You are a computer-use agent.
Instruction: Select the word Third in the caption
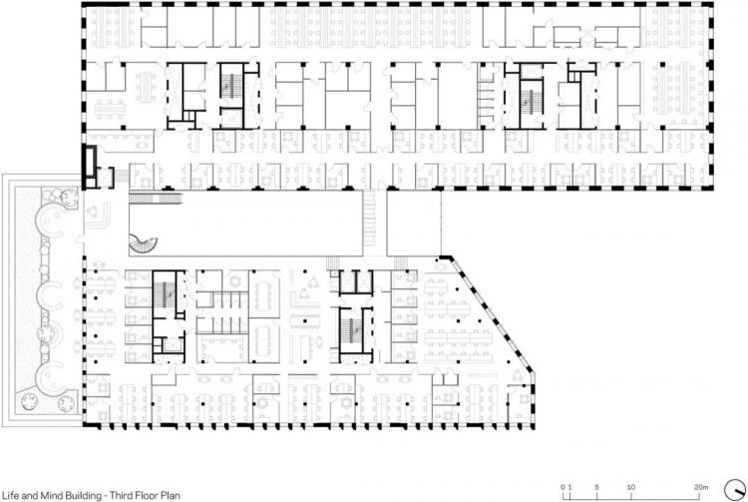[121, 495]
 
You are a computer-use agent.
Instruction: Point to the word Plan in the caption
[171, 495]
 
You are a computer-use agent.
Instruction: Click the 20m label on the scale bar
[701, 487]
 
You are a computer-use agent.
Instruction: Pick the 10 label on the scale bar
[630, 487]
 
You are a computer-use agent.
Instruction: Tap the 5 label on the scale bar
[596, 487]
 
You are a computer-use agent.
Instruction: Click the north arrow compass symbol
[735, 491]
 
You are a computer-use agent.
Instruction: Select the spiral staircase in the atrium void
[143, 245]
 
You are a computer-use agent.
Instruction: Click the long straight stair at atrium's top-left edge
[156, 198]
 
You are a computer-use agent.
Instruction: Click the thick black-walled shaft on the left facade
[89, 167]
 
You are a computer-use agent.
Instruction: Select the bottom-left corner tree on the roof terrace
[30, 402]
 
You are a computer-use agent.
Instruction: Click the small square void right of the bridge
[414, 224]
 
